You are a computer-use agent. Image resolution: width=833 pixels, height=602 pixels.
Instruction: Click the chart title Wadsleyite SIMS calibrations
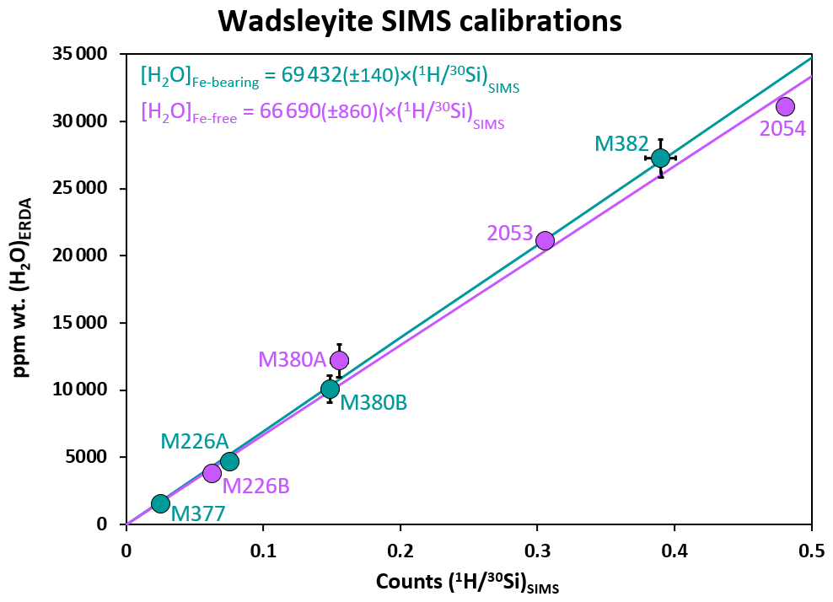420,20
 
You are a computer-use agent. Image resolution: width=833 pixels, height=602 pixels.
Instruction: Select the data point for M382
660,158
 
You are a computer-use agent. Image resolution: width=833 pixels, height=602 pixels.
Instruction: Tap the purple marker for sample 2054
785,106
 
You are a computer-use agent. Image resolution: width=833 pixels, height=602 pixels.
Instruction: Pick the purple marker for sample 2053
545,240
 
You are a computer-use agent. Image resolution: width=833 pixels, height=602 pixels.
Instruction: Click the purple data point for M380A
339,360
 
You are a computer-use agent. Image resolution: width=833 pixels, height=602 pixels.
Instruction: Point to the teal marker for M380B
330,389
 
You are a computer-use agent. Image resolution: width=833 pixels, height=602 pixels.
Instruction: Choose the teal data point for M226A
229,461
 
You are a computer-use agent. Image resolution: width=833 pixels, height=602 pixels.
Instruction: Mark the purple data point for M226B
212,473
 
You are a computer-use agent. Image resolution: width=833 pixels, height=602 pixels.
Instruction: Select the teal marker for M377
160,503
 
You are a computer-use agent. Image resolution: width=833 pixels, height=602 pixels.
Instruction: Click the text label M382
621,144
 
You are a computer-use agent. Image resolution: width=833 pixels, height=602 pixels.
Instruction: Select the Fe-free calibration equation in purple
323,114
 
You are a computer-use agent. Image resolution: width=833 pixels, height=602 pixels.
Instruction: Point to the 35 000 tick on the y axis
83,54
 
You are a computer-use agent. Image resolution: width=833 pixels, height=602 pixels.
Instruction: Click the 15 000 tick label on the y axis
83,323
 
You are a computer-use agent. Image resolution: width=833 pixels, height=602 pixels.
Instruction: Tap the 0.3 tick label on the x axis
537,551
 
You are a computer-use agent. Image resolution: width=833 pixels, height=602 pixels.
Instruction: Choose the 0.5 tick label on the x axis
811,551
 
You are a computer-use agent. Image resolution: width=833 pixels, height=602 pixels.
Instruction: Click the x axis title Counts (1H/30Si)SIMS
467,583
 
